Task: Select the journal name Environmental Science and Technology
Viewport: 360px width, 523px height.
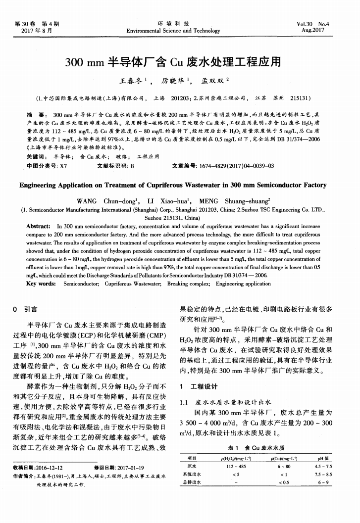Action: click(x=180, y=30)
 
